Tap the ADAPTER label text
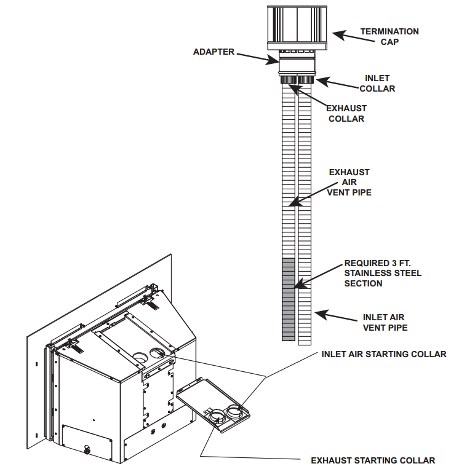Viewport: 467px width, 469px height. [x=214, y=52]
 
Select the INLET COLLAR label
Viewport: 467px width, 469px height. [x=377, y=84]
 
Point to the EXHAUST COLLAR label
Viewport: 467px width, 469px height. [x=346, y=113]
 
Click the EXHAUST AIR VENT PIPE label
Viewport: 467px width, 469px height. [x=349, y=183]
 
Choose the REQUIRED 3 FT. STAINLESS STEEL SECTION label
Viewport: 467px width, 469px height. [x=383, y=273]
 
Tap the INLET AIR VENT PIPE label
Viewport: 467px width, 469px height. [x=385, y=322]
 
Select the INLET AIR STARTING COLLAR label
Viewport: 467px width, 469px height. [x=384, y=354]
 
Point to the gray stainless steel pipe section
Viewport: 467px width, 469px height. [x=289, y=299]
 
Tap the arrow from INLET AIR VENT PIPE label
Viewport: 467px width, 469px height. [x=335, y=317]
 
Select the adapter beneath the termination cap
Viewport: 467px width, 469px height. [x=297, y=63]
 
